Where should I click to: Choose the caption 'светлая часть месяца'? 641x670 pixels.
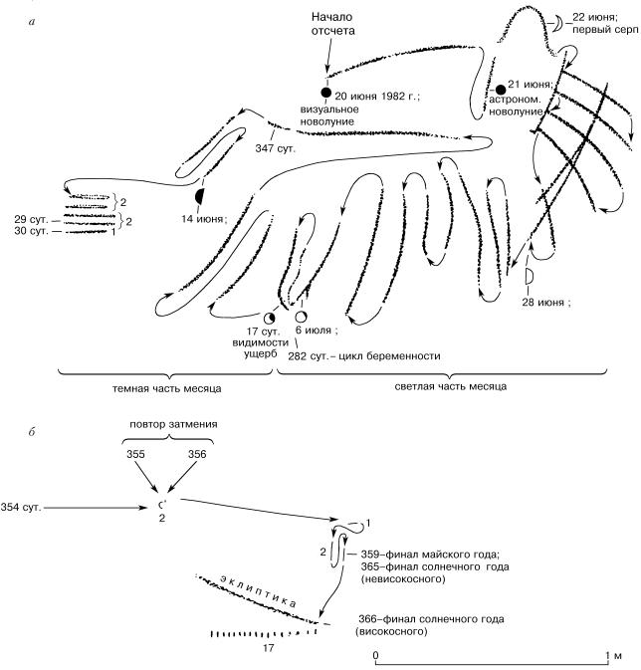click(444, 387)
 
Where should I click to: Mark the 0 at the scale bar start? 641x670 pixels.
click(375, 658)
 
